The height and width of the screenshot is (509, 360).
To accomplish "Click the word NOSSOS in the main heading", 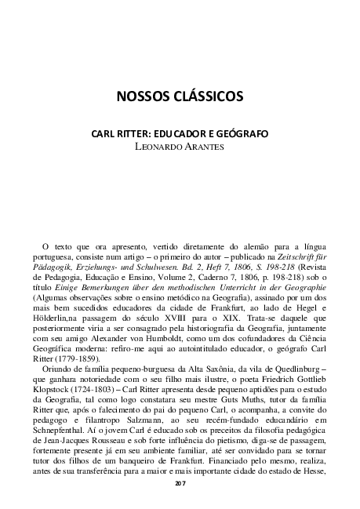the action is [146, 97].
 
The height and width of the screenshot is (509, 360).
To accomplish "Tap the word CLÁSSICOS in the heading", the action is [210, 97].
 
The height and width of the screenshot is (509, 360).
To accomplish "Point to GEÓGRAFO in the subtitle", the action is [242, 134].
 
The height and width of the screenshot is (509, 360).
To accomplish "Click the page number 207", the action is [180, 483].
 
